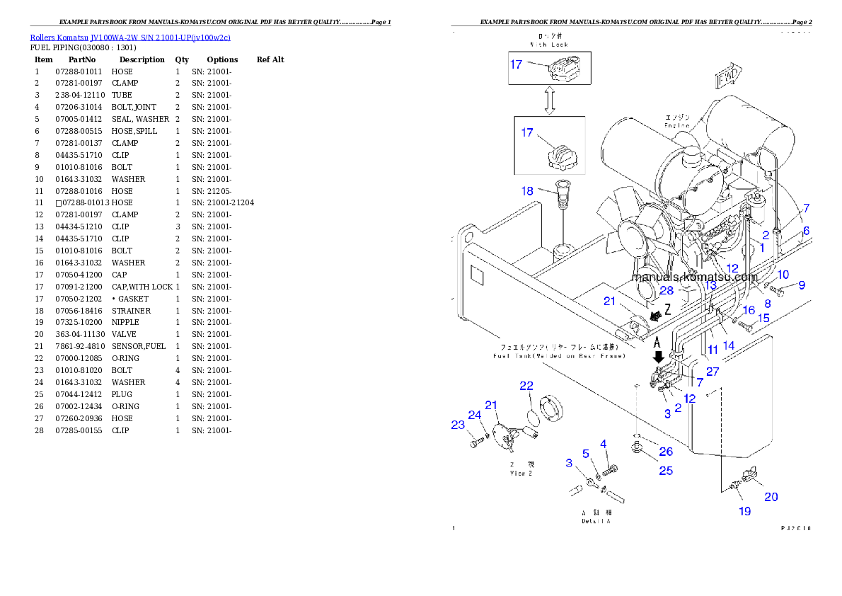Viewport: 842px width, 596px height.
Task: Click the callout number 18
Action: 527,190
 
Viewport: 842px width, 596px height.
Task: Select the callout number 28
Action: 667,291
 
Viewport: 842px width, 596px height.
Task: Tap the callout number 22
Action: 526,386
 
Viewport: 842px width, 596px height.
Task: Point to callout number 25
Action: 666,471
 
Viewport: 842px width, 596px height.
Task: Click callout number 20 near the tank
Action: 771,497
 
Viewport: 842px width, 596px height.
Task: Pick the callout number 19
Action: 744,510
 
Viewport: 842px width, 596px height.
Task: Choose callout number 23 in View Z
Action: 458,425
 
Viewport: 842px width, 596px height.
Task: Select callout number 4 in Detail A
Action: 604,444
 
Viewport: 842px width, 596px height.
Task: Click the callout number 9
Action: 802,285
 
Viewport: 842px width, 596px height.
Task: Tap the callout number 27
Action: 713,371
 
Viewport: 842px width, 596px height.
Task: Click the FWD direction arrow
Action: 729,76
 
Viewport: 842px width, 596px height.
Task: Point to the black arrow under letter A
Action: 659,357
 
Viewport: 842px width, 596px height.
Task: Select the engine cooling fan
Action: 630,234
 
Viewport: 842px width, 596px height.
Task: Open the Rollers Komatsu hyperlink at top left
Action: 129,38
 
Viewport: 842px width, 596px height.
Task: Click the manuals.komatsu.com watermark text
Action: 694,277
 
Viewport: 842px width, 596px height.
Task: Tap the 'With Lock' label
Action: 549,45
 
